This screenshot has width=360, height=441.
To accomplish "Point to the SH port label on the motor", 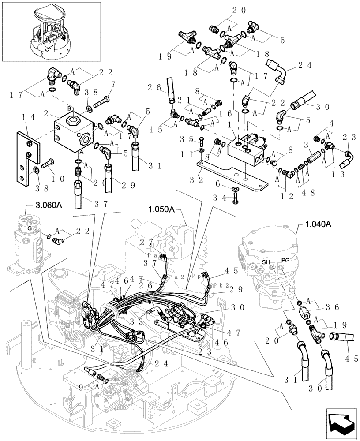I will click(266, 262).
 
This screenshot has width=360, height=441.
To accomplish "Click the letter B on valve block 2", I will click(69, 108).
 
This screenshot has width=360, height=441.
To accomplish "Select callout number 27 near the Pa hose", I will click(145, 242).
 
